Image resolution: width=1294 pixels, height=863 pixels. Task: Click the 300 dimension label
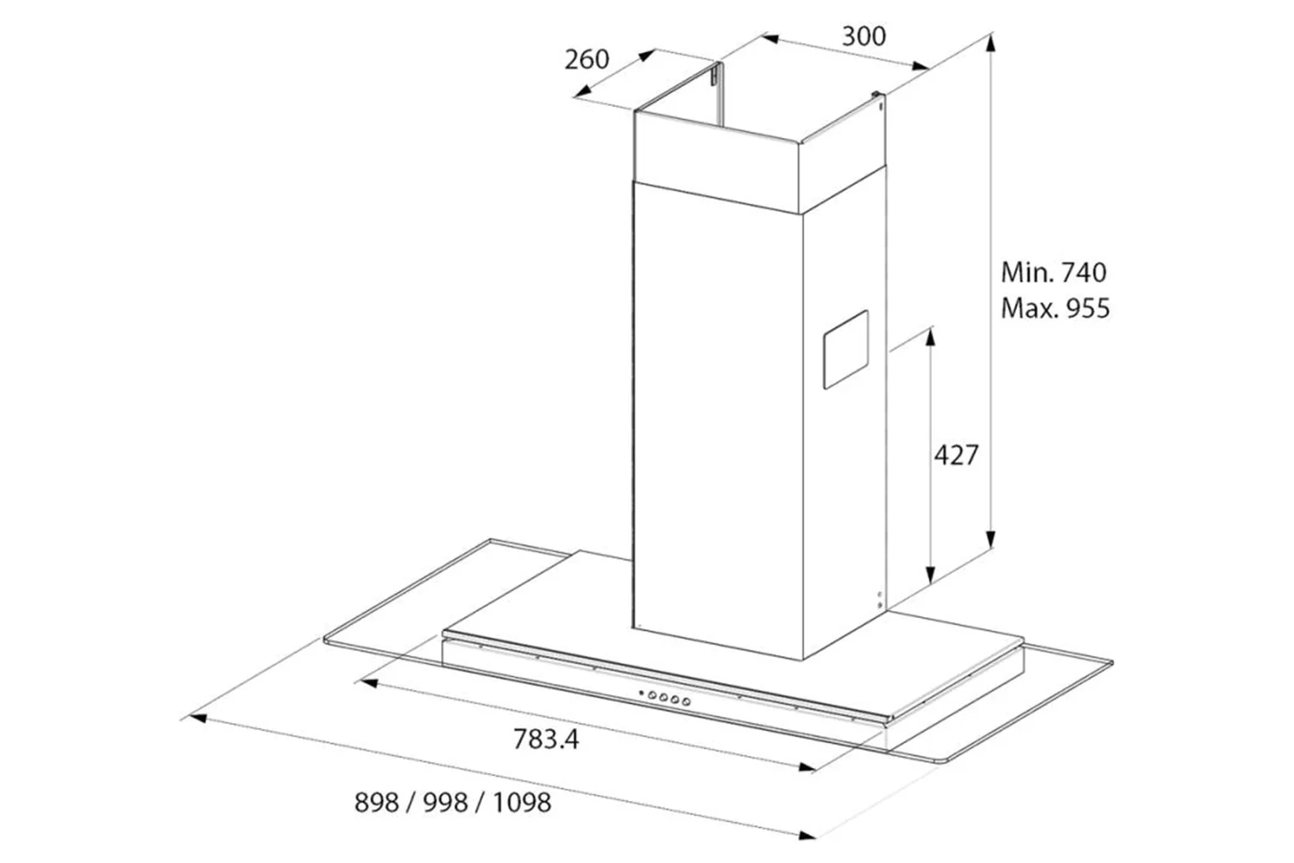[x=864, y=36]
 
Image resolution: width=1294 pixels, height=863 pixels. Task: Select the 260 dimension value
[x=587, y=60]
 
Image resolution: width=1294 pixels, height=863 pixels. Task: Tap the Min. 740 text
[x=1053, y=272]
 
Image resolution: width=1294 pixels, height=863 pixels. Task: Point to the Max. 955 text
[x=1055, y=309]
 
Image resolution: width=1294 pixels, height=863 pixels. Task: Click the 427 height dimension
[x=957, y=455]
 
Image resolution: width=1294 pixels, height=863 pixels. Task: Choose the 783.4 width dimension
[x=546, y=739]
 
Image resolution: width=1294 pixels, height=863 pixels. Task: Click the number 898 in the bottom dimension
[x=377, y=803]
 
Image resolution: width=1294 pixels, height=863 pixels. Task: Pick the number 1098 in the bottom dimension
[x=522, y=803]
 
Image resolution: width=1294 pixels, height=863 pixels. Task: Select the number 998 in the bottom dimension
[x=445, y=803]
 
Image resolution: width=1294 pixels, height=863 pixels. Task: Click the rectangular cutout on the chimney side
[x=845, y=350]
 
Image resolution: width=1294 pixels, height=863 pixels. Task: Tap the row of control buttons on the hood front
[x=665, y=697]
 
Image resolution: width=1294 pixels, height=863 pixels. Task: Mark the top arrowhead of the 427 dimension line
[x=930, y=337]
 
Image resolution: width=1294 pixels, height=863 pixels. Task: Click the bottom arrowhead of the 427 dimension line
[x=930, y=574]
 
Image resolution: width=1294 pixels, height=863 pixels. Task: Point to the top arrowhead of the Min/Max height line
[x=990, y=44]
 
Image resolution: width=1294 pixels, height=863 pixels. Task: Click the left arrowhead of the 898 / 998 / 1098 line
[x=198, y=718]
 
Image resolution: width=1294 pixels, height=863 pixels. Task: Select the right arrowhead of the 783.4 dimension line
[x=807, y=767]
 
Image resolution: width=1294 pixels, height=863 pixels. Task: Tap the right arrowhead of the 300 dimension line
[x=920, y=66]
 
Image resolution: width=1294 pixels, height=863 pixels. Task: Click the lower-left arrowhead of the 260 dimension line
[x=583, y=91]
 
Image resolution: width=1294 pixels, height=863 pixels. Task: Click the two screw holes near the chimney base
[x=880, y=600]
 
